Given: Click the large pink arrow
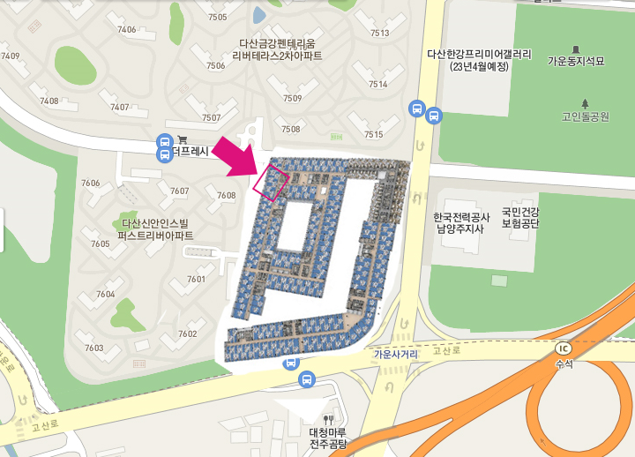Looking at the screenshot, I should click(x=238, y=157).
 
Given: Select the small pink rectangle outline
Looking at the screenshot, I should click(x=271, y=182).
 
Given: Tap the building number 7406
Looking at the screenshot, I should click(x=126, y=30).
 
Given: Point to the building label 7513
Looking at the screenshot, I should click(x=379, y=34).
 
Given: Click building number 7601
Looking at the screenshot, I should click(x=196, y=280).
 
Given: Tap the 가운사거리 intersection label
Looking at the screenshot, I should click(x=394, y=355).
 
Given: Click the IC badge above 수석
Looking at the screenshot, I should click(x=564, y=347).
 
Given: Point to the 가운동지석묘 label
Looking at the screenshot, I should click(x=577, y=62).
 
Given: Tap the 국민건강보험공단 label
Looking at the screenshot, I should click(x=519, y=218).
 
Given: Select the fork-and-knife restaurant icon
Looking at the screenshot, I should click(x=329, y=420).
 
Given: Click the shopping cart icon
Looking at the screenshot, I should click(x=183, y=139).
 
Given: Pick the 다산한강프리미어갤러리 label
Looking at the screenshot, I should click(x=480, y=60).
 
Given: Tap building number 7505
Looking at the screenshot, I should click(x=217, y=18).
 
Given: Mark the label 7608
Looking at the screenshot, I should click(x=227, y=195).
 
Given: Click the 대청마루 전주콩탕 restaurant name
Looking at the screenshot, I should click(x=329, y=438).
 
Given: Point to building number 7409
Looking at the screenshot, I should click(x=11, y=56).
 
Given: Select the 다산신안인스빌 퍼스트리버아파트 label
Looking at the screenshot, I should click(x=158, y=229).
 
